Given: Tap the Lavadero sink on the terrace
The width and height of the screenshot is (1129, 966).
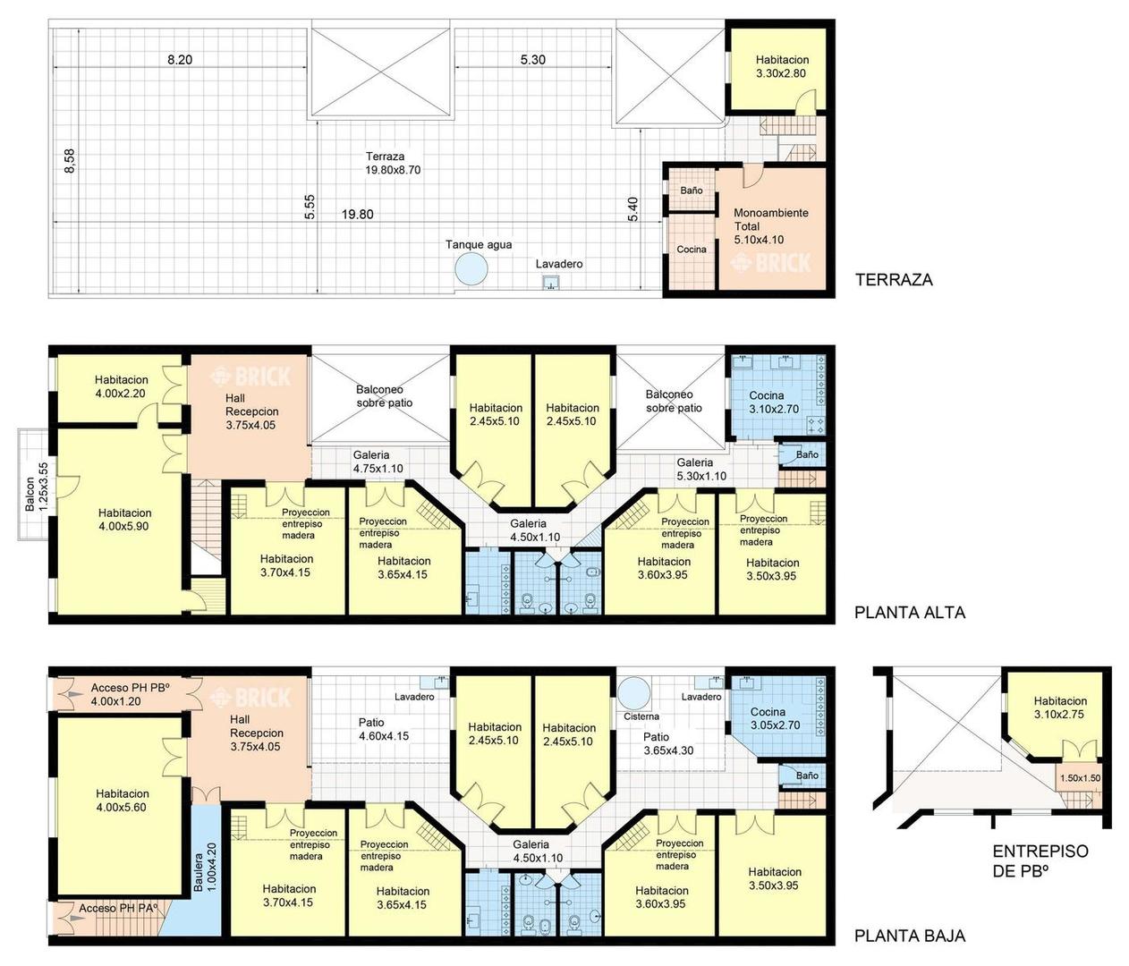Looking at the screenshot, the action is [550, 283].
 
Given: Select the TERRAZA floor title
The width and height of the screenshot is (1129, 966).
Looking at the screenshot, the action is [894, 280].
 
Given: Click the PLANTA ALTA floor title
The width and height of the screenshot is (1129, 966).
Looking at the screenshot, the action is [910, 613].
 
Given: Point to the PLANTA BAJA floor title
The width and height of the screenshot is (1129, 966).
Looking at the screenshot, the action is [910, 936].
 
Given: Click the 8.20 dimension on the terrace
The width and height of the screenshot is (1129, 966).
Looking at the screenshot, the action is [180, 60].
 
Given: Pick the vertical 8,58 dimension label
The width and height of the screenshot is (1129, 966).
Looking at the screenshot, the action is [70, 161].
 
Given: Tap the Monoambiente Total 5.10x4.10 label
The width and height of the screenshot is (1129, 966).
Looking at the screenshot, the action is [770, 226].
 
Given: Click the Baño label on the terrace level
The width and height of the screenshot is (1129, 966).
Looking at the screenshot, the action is [691, 191].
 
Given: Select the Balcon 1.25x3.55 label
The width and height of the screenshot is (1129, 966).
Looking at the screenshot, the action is [37, 487].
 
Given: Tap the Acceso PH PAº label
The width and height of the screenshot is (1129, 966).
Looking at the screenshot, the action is [118, 908].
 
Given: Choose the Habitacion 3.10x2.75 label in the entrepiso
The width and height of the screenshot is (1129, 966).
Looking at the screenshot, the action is [1060, 708].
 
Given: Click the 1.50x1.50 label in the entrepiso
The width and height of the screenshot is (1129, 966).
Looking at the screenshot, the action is [1080, 778].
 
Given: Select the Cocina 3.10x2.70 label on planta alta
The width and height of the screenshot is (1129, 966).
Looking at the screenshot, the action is [774, 402].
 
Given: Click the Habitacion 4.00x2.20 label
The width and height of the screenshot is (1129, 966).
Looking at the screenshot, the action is [122, 386].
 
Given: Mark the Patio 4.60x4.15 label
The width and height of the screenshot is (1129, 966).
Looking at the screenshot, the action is [384, 729].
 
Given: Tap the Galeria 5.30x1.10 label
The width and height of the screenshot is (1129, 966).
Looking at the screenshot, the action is [701, 469].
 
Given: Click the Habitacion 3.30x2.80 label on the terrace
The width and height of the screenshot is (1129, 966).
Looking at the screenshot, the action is [782, 66].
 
